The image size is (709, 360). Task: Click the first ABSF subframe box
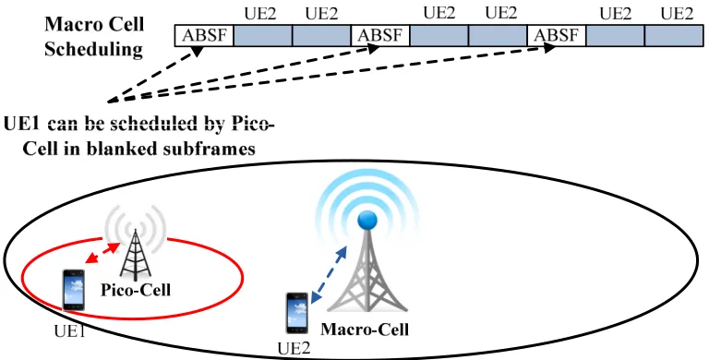tap(204, 36)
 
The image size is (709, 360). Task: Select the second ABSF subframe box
tap(380, 36)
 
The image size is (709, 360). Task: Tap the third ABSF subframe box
tap(557, 36)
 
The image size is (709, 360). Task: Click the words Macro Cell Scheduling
tap(94, 36)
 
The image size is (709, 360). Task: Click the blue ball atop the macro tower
tap(367, 221)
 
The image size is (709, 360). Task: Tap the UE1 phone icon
tap(74, 290)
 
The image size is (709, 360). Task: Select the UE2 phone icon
tap(297, 313)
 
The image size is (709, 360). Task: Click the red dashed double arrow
tap(103, 253)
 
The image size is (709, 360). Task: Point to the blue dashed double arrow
tap(329, 274)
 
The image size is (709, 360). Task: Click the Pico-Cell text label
tap(136, 290)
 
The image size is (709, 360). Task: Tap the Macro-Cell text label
tap(365, 329)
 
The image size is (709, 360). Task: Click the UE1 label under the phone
tap(70, 331)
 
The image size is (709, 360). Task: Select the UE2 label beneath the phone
tap(294, 349)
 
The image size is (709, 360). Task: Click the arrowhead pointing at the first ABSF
tap(198, 52)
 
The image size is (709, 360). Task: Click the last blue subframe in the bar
tap(674, 36)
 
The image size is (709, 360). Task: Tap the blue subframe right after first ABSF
tap(263, 36)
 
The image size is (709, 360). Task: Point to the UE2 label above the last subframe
tap(677, 14)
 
